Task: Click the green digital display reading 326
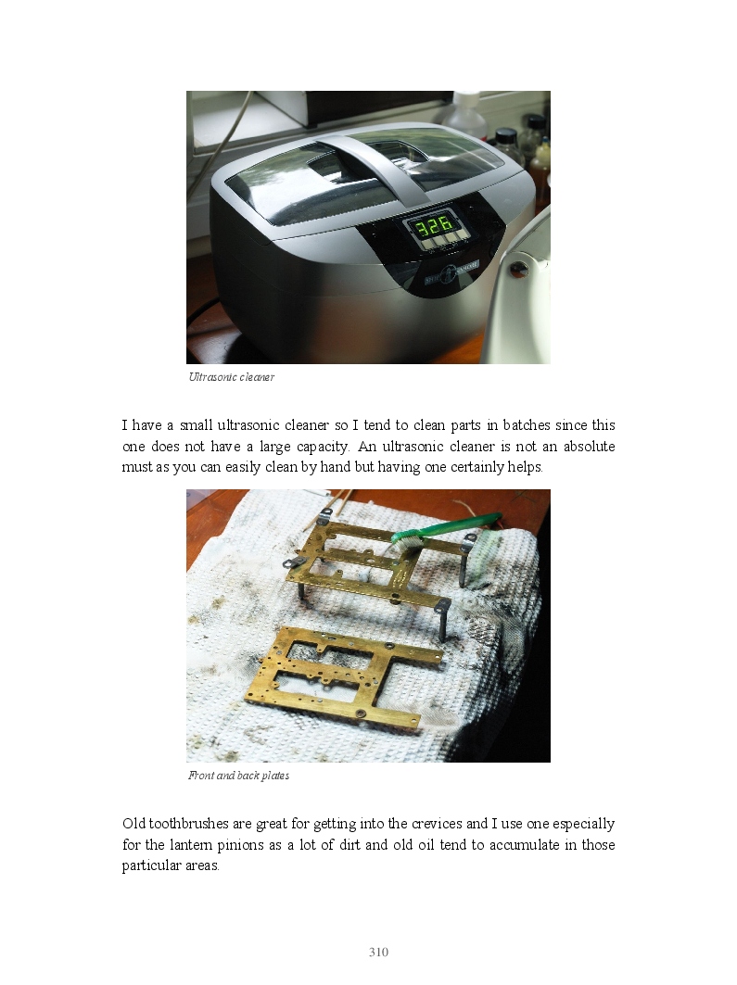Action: coord(432,225)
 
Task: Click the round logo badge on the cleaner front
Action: coord(448,271)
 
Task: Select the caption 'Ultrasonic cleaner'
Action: coord(231,377)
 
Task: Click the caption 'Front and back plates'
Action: coord(239,776)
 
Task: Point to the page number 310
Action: coord(378,953)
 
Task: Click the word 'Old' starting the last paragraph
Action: coord(133,824)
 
